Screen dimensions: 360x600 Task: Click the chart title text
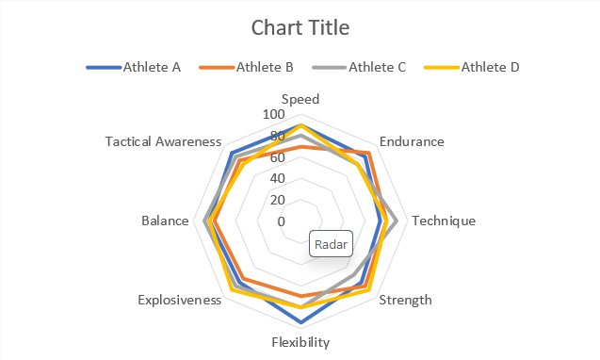click(x=300, y=28)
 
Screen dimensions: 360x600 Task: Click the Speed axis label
click(x=300, y=99)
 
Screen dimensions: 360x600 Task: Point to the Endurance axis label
click(x=412, y=142)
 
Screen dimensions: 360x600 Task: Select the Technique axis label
click(x=444, y=221)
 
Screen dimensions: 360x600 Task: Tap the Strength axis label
click(x=405, y=301)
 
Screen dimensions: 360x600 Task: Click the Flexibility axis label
click(x=300, y=342)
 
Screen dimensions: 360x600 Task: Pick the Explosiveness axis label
click(x=179, y=301)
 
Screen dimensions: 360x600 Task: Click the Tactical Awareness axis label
click(x=163, y=142)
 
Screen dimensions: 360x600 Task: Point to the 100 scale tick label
click(x=272, y=114)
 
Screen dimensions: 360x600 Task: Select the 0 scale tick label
click(x=281, y=221)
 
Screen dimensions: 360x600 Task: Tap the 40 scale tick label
click(x=277, y=178)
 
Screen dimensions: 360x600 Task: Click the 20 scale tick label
click(x=277, y=200)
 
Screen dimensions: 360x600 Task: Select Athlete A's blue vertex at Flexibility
click(x=300, y=322)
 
